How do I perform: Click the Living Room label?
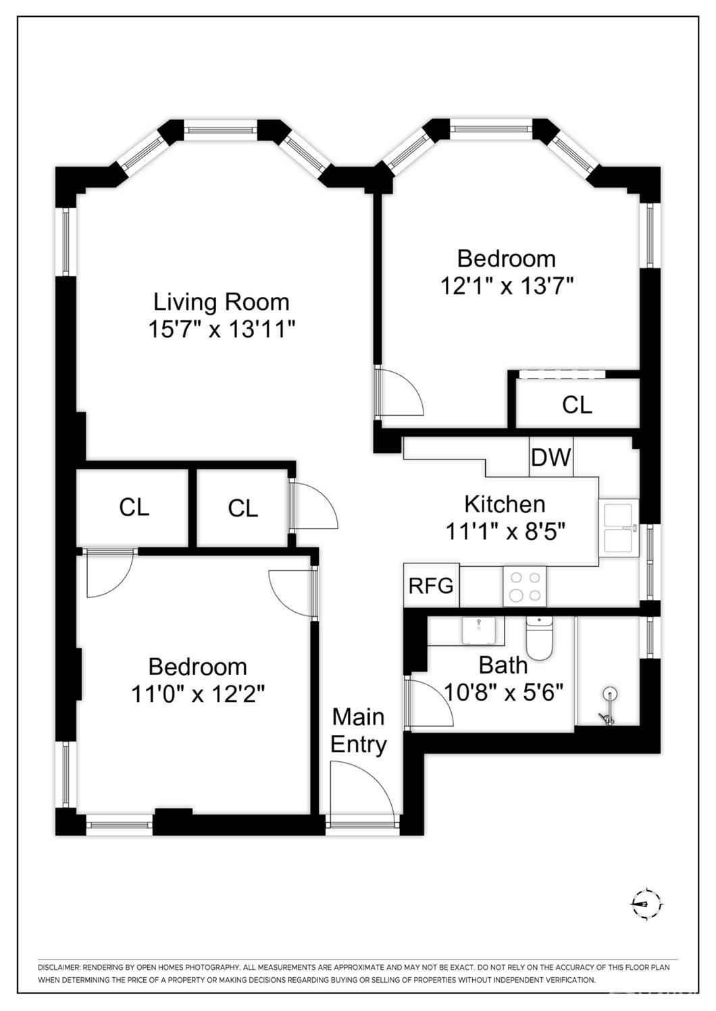pos(222,302)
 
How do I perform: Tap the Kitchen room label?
pos(505,504)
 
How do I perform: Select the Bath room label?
pos(503,665)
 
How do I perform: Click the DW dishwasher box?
pos(551,457)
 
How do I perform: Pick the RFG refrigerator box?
pos(431,585)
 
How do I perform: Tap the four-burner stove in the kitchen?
pos(525,586)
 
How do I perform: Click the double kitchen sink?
pos(619,527)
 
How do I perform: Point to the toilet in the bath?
pos(540,638)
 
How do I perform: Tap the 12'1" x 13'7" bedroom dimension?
pos(507,285)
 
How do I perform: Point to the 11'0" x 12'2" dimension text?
pos(197,694)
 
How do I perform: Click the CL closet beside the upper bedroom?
pos(577,404)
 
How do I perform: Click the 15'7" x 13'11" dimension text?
pos(222,329)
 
